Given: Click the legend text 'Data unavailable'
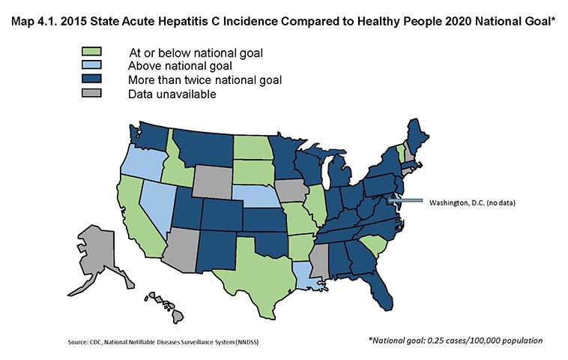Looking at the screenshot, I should (x=172, y=94).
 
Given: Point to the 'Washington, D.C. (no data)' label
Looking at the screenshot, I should (x=471, y=202).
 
